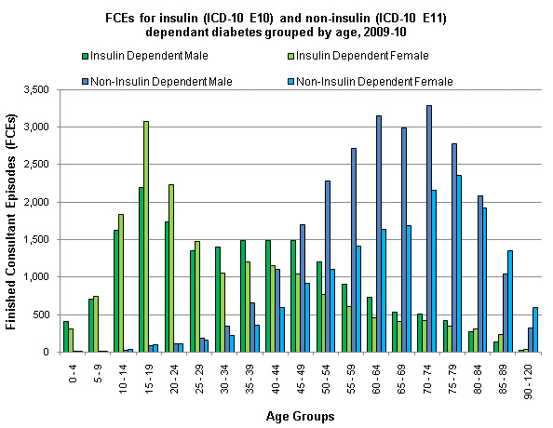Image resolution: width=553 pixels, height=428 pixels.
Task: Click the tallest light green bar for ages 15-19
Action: [x=146, y=236]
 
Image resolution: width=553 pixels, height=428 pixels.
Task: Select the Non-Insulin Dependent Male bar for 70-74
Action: [x=429, y=229]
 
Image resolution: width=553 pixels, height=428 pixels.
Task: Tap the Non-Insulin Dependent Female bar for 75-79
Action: [x=459, y=263]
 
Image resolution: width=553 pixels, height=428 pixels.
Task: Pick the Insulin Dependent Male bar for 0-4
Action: [x=65, y=337]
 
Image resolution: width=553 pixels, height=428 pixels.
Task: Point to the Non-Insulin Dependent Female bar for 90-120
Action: [x=535, y=329]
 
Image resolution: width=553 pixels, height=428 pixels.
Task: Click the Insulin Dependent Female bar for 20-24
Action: [x=171, y=268]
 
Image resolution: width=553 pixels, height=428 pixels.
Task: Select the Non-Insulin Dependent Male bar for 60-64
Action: [x=379, y=234]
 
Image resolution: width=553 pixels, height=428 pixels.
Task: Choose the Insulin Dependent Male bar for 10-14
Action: [x=116, y=291]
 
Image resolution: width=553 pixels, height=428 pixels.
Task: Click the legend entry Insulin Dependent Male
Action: [x=145, y=56]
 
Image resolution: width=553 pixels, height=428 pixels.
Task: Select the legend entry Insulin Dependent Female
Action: [x=358, y=56]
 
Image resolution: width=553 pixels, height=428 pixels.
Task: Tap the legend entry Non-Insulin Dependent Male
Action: [x=157, y=82]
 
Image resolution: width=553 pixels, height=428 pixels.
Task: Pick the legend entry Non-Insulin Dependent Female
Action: [x=371, y=82]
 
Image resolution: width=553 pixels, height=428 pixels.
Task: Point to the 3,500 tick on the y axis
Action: [x=36, y=90]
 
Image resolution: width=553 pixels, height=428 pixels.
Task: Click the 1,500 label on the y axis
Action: [x=36, y=239]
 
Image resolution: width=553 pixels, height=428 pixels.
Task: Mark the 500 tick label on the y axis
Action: [x=41, y=314]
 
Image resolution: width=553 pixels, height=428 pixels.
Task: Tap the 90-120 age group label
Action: [x=528, y=382]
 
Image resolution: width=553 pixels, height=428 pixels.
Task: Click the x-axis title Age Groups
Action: [x=300, y=416]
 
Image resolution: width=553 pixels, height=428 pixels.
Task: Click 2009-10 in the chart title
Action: [x=384, y=32]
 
